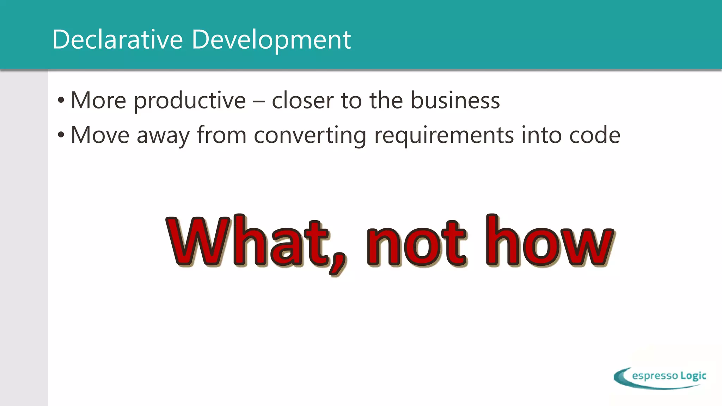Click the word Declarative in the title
[x=117, y=39]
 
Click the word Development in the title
[x=271, y=39]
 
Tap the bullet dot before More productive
[x=61, y=101]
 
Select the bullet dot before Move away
[x=61, y=135]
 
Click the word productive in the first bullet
[x=190, y=101]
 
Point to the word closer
[x=302, y=101]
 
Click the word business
[x=455, y=101]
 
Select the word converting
[x=310, y=135]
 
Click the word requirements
[x=444, y=135]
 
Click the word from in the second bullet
[x=221, y=135]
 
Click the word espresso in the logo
[x=655, y=376]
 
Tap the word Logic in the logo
[x=693, y=376]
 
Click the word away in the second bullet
[x=163, y=135]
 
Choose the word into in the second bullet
[x=541, y=135]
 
